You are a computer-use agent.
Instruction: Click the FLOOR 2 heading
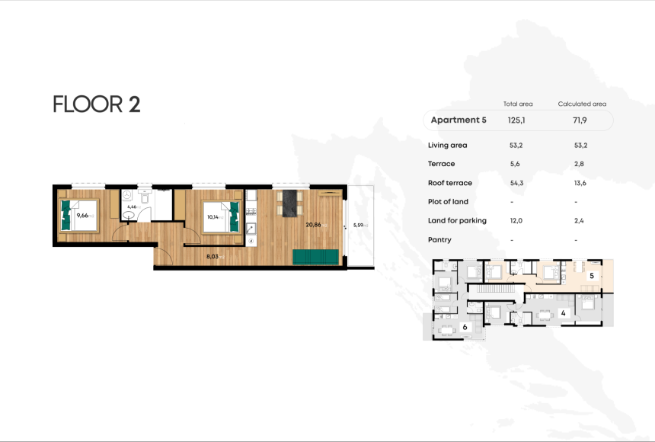[97, 104]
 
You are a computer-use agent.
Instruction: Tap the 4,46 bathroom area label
[133, 207]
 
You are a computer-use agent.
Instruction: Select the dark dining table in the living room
[289, 203]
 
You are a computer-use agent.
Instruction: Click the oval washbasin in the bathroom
[130, 216]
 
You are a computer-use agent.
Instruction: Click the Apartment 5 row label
[458, 120]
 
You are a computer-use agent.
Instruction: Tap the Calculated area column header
[582, 104]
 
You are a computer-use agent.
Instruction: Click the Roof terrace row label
[450, 183]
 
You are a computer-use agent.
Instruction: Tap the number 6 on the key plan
[465, 327]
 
